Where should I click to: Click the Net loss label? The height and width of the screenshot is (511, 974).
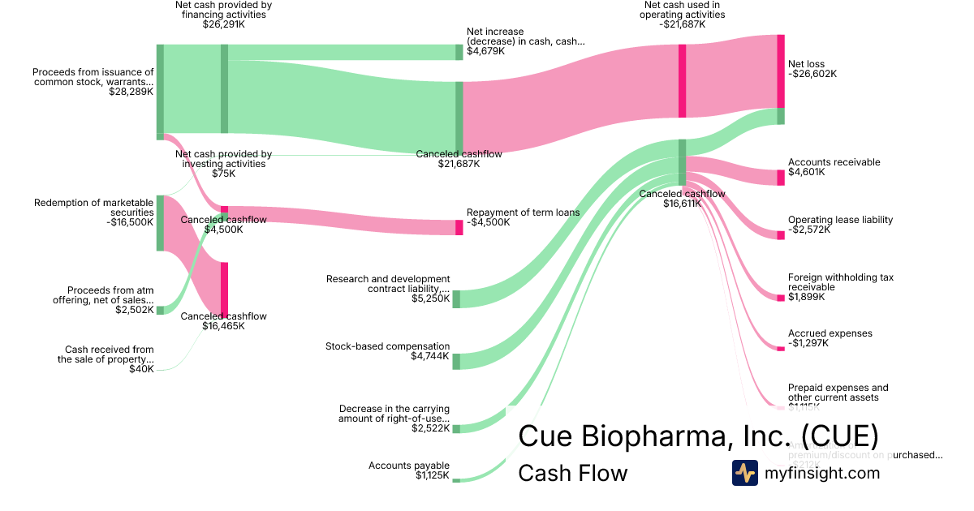point(812,68)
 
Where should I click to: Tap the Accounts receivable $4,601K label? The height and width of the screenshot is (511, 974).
point(834,167)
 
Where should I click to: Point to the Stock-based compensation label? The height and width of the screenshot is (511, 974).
point(387,351)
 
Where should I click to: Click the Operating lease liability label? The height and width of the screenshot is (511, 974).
point(840,225)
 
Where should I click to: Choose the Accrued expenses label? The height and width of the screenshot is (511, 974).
point(830,338)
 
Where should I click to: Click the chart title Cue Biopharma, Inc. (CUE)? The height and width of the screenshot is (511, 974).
point(698,436)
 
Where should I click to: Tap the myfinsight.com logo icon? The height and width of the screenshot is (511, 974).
point(744,473)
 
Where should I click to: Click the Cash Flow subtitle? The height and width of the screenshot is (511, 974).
point(572,473)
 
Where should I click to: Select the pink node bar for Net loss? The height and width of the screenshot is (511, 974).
point(781,71)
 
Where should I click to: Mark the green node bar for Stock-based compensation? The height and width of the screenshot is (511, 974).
point(456,362)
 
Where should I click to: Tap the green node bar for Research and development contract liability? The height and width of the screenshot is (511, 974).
point(456,298)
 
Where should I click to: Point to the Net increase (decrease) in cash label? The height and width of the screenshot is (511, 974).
point(524,41)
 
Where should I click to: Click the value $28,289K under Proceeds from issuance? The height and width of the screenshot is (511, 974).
point(131,92)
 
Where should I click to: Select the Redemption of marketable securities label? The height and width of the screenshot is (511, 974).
point(93,213)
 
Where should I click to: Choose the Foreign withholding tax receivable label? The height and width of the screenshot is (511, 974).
point(840,287)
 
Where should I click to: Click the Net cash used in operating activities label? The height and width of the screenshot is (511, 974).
point(682,15)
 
